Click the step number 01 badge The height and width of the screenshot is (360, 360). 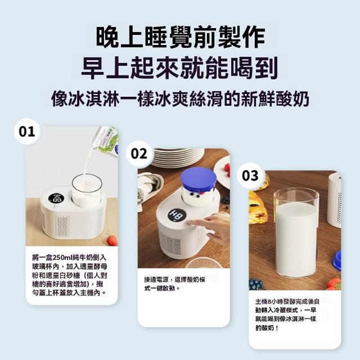[x=27, y=132]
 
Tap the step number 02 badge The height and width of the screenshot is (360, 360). [x=139, y=154]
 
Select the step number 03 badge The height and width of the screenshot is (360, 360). [x=250, y=175]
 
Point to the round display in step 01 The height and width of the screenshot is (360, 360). [x=56, y=199]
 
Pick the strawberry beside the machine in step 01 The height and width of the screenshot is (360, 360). [x=112, y=240]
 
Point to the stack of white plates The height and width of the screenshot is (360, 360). [x=178, y=157]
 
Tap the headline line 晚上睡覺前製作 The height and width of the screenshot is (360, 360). [x=180, y=37]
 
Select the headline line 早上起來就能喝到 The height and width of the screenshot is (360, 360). [x=180, y=67]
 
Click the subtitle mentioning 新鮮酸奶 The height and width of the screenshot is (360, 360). [x=180, y=99]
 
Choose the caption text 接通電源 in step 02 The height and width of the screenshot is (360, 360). [x=156, y=280]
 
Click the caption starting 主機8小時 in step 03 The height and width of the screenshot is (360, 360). [x=287, y=314]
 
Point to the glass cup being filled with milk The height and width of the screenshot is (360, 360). [x=87, y=190]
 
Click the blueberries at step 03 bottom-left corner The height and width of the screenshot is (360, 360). [x=256, y=285]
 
